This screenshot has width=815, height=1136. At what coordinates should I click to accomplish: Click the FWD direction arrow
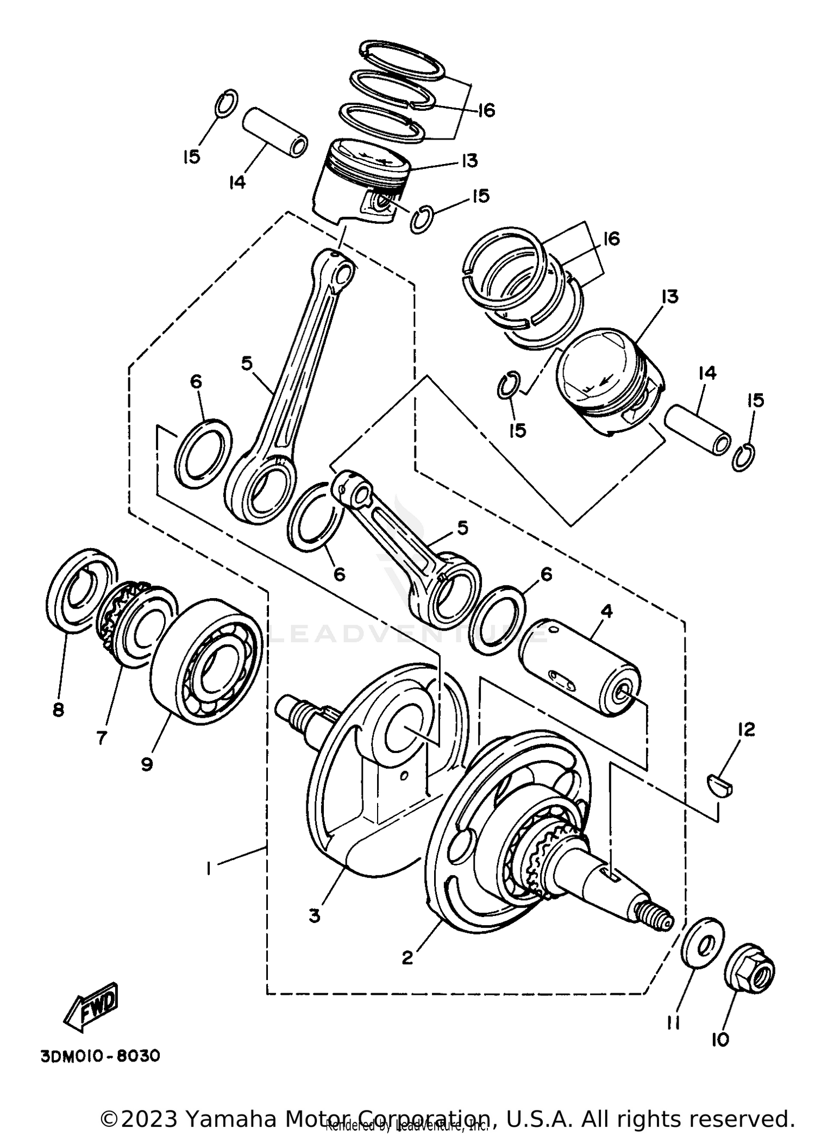pos(91,1007)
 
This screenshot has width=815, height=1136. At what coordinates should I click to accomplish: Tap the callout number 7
pos(102,738)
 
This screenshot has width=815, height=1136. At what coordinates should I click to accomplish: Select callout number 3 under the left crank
pos(314,916)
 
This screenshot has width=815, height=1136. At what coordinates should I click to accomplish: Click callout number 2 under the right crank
pos(407,958)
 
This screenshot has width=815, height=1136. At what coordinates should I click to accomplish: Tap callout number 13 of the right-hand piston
pos(670,297)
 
